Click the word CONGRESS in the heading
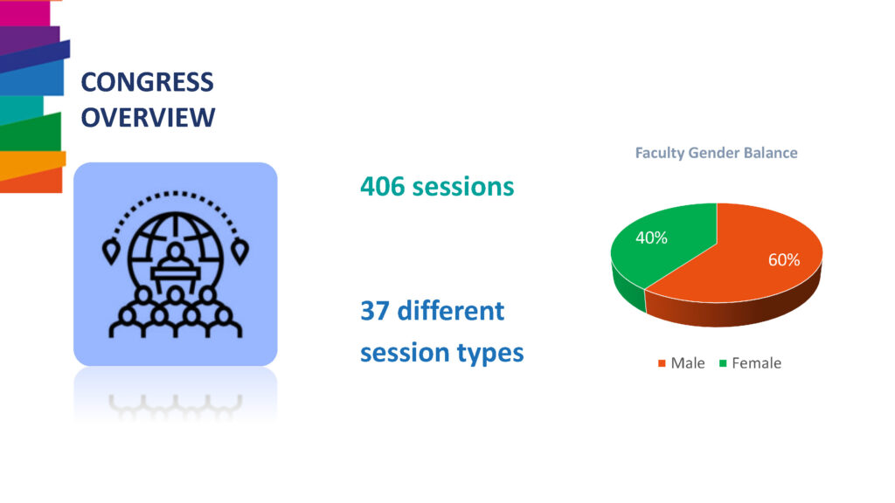(147, 82)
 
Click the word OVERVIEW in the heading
(149, 118)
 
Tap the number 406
(383, 187)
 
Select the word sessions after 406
(463, 187)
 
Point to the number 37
(375, 311)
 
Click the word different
(450, 311)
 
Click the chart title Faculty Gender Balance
(717, 153)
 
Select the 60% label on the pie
(784, 260)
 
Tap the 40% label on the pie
(651, 238)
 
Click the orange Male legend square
(662, 363)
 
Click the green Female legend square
(723, 363)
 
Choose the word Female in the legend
(756, 363)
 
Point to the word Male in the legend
(688, 363)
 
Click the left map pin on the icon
(111, 251)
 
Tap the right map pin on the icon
(239, 251)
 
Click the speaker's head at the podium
(176, 251)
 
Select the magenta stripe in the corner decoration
(24, 12)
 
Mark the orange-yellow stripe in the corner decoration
(32, 165)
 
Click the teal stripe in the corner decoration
(21, 110)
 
